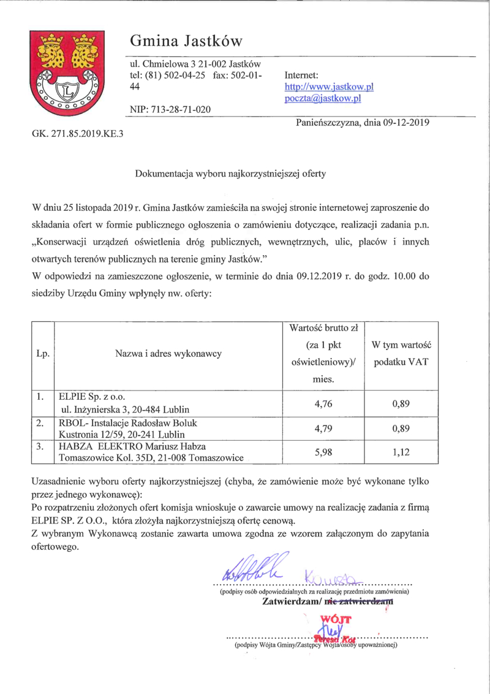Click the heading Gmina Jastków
tap(186, 41)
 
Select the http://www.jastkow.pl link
tap(329, 87)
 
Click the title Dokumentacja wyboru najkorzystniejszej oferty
tap(230, 173)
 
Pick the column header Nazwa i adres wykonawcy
tap(168, 353)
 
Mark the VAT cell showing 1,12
tap(401, 452)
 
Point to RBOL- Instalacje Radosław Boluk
tap(128, 423)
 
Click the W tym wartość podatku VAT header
tap(401, 354)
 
